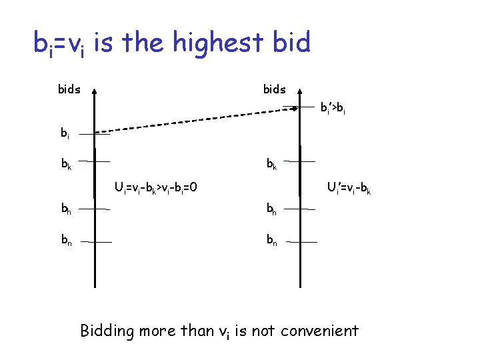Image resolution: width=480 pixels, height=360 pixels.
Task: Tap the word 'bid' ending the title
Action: click(292, 43)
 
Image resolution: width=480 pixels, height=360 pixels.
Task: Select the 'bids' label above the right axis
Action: click(274, 89)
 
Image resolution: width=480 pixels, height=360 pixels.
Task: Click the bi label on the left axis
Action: click(65, 133)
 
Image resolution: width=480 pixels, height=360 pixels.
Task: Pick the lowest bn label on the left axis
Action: click(65, 239)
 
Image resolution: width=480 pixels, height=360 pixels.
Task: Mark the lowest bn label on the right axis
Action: click(272, 239)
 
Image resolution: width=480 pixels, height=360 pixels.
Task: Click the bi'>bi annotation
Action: click(332, 107)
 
